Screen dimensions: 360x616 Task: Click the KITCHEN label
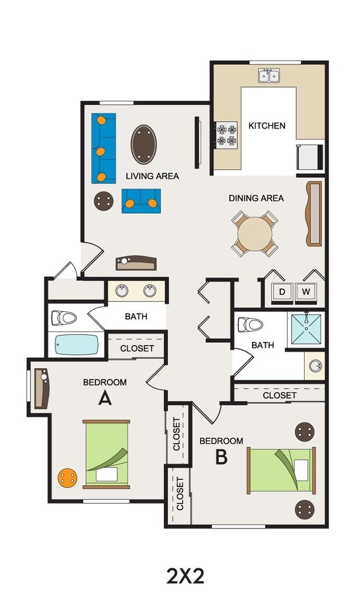click(267, 126)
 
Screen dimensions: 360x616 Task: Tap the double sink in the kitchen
click(269, 75)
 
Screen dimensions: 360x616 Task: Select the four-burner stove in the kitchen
click(227, 135)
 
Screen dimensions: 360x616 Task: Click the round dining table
click(255, 234)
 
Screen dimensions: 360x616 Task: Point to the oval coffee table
click(143, 144)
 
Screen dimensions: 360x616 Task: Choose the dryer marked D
click(281, 292)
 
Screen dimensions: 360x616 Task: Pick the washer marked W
click(306, 292)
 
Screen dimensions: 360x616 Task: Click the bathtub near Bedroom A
click(76, 344)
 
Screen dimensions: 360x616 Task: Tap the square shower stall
click(306, 329)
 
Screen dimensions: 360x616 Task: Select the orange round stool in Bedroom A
click(68, 478)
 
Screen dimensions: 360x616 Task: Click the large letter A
click(105, 398)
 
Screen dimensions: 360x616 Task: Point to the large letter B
click(222, 457)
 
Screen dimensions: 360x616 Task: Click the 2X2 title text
click(186, 576)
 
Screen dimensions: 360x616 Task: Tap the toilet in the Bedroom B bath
click(250, 325)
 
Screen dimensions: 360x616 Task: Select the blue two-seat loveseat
click(141, 201)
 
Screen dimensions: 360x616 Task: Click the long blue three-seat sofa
click(104, 148)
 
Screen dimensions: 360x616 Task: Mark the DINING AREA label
click(256, 198)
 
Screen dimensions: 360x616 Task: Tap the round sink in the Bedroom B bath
click(315, 366)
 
